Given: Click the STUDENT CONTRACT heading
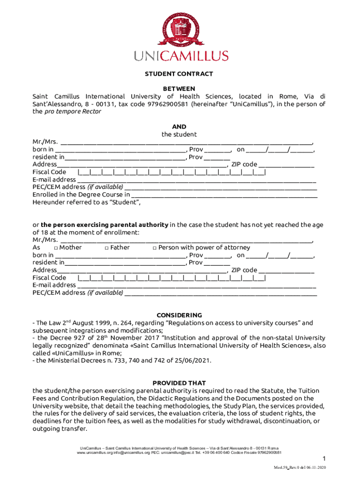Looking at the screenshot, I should pos(179,74).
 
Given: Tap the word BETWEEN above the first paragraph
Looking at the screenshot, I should pos(179,89).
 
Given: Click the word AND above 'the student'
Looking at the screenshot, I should pos(179,127).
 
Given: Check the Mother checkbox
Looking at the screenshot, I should pos(56,247).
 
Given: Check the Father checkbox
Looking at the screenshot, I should pos(107,247).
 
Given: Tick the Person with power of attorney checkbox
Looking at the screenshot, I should pos(155,247).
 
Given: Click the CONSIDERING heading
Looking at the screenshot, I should pos(179,315).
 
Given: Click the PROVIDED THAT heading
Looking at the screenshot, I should pos(179,383).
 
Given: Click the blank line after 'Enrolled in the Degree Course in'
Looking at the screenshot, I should pos(224,195).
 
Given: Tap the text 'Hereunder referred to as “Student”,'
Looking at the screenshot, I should pos(86,203).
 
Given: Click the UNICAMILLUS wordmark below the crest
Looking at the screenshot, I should pos(181,56).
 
